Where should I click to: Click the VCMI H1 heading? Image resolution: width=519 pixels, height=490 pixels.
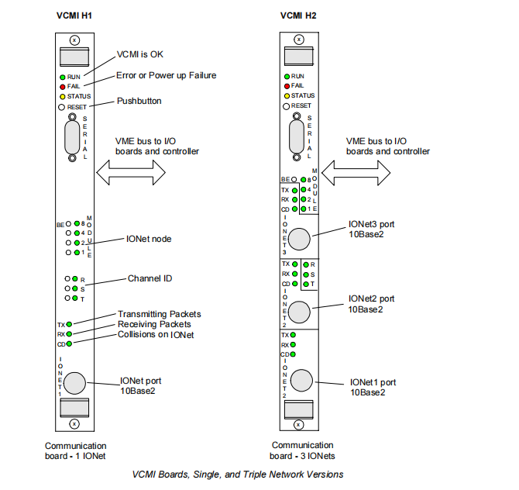pos(75,14)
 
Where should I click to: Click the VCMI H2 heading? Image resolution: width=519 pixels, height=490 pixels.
pos(299,14)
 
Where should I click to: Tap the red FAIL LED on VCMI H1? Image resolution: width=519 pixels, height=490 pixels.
pos(62,86)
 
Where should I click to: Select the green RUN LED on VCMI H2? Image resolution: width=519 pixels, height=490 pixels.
pos(286,77)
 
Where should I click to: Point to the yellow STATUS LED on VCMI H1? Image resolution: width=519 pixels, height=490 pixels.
pos(62,96)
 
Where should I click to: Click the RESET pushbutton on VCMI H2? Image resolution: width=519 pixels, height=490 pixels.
pos(286,105)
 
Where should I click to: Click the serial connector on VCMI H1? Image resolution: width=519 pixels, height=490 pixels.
pos(72,139)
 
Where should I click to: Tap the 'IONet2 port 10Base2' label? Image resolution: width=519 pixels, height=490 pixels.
pos(371,303)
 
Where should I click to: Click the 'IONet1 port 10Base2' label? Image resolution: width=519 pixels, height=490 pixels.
pos(373,387)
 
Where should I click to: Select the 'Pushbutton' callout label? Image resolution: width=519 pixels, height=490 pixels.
pos(140,101)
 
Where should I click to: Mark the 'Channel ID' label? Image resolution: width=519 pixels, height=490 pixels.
pos(150,278)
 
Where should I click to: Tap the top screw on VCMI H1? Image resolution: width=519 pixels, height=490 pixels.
pos(74,39)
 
